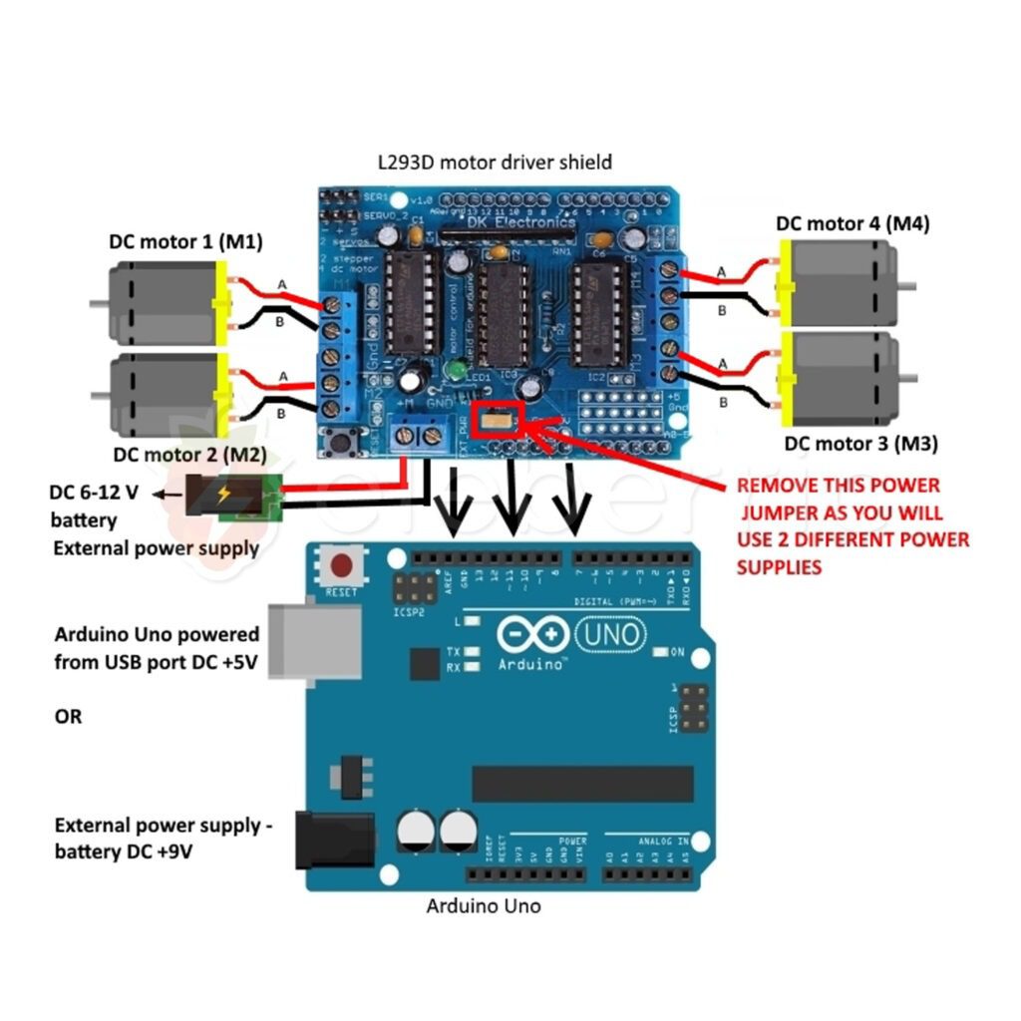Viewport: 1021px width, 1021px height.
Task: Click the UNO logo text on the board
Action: (612, 632)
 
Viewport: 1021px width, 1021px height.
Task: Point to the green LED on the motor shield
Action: (457, 371)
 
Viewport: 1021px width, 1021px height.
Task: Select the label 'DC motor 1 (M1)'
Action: (186, 242)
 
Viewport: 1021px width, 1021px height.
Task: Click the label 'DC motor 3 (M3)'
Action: (860, 444)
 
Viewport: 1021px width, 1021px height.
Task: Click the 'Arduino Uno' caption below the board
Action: (484, 906)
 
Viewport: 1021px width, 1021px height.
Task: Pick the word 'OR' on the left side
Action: (68, 717)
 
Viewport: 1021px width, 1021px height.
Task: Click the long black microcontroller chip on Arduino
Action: (582, 784)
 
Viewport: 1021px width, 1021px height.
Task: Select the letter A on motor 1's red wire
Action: (282, 285)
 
